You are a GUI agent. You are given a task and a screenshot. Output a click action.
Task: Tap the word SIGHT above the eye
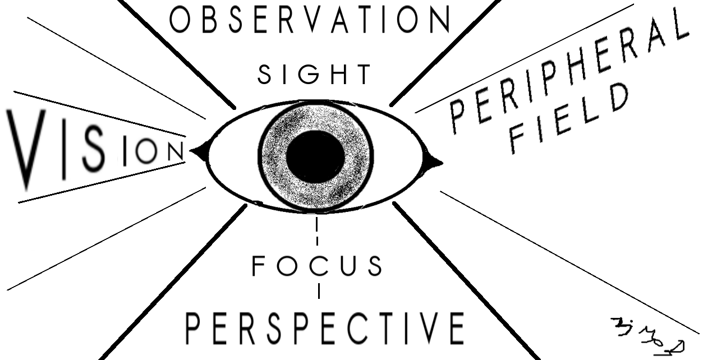tap(314, 75)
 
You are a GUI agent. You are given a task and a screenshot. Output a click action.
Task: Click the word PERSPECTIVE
tap(325, 328)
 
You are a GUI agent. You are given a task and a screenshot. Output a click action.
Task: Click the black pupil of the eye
tap(315, 156)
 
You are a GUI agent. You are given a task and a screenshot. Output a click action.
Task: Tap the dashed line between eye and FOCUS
tap(318, 231)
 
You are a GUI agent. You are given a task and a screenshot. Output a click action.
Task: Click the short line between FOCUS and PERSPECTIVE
tap(319, 292)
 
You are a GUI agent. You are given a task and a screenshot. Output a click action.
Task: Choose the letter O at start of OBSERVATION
tap(178, 20)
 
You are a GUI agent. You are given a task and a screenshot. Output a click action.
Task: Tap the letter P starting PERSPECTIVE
tap(194, 329)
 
